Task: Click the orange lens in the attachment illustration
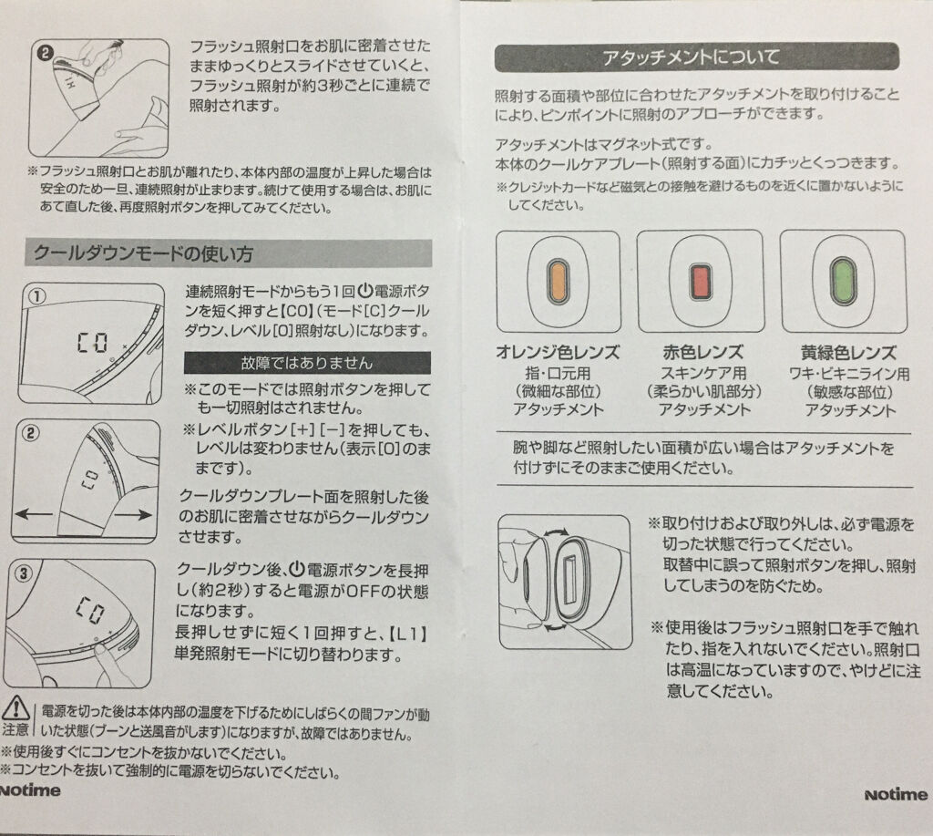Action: click(558, 281)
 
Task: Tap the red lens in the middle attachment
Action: click(701, 281)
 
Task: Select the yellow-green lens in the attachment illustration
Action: click(843, 281)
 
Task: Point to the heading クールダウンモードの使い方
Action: click(143, 253)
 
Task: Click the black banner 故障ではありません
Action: click(307, 363)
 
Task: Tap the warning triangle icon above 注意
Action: click(16, 708)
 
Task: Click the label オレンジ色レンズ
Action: click(558, 352)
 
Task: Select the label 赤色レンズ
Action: click(702, 352)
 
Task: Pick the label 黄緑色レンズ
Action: click(848, 353)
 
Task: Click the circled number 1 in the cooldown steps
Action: click(36, 296)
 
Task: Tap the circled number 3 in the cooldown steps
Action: click(23, 573)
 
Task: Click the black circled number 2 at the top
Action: click(46, 54)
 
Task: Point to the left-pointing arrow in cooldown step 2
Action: click(34, 513)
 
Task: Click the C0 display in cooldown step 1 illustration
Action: click(92, 343)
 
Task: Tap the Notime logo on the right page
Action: click(896, 794)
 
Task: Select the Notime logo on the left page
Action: click(30, 790)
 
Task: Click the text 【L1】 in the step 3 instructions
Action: click(408, 633)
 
